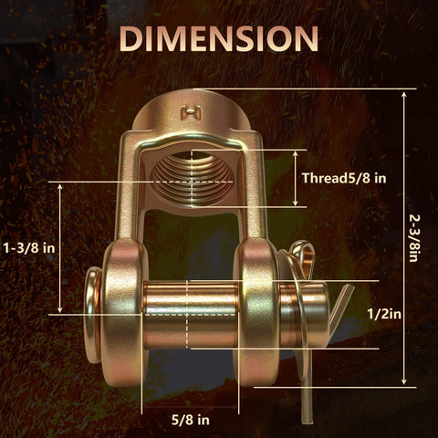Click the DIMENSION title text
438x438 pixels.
click(219, 38)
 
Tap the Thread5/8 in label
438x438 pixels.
click(344, 178)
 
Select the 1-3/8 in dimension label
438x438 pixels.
click(29, 248)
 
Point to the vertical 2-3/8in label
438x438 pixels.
click(413, 238)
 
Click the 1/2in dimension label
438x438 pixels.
click(384, 314)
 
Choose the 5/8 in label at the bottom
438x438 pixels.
click(191, 420)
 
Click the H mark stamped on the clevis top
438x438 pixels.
click(191, 112)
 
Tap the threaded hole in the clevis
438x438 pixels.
click(192, 179)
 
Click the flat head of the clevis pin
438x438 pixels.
click(92, 315)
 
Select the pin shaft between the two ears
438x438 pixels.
click(191, 315)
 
